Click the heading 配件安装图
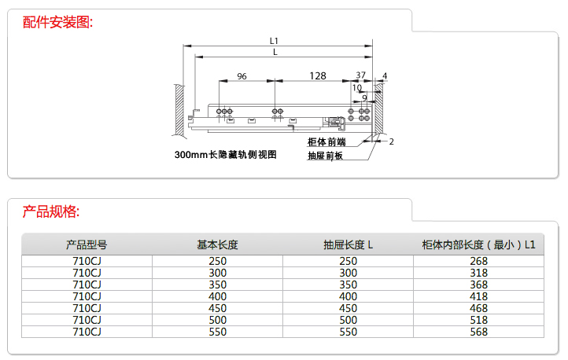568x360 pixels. click(x=58, y=22)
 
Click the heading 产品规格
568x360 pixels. click(x=51, y=211)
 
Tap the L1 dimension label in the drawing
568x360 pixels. click(x=274, y=39)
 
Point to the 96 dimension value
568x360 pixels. click(x=242, y=76)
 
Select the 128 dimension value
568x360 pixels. click(x=317, y=75)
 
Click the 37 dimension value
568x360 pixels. click(x=360, y=75)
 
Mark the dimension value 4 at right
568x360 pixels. click(x=384, y=76)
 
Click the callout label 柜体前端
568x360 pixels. click(x=326, y=142)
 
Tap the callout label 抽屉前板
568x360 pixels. click(x=326, y=156)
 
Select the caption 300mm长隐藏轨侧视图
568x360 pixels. click(x=226, y=155)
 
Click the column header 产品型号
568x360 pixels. click(x=87, y=244)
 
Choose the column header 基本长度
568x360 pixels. click(x=218, y=244)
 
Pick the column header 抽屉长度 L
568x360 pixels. click(x=348, y=244)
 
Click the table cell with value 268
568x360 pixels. click(x=478, y=261)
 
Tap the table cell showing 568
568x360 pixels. click(x=478, y=332)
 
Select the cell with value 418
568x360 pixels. click(x=478, y=296)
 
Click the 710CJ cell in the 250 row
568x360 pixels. click(x=87, y=261)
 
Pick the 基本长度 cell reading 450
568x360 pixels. click(x=218, y=308)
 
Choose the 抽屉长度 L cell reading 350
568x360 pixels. click(x=348, y=285)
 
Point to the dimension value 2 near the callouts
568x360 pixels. click(x=391, y=141)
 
